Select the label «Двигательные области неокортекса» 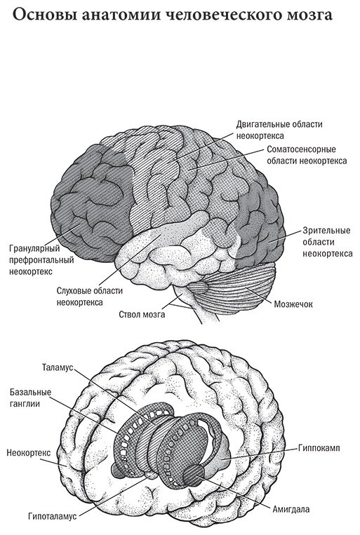pos(279,130)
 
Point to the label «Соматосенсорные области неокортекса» pos(307,155)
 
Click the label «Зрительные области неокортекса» pos(328,242)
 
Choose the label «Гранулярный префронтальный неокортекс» pos(41,259)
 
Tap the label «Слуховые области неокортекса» pos(90,296)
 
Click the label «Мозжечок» pos(293,304)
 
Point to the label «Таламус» pos(58,367)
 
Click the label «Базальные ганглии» pos(30,398)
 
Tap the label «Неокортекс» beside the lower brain pos(29,453)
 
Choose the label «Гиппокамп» pos(319,447)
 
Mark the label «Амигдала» pos(291,510)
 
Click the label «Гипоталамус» pos(52,516)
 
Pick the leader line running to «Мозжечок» pos(258,294)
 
